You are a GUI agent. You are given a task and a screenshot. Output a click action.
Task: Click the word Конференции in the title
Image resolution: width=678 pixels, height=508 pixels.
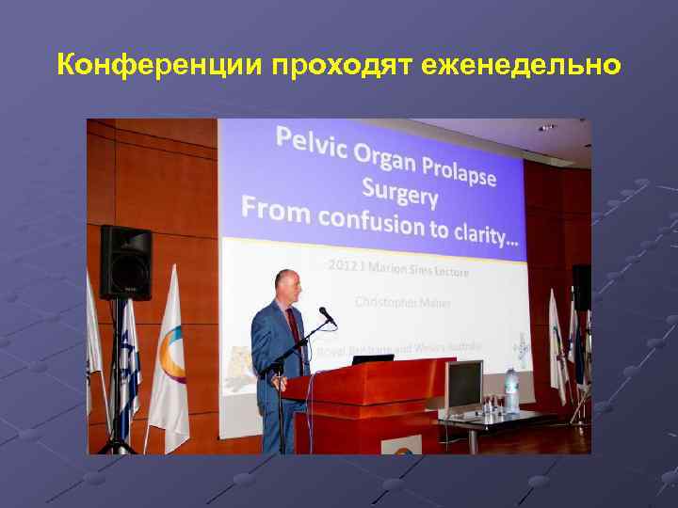(160, 65)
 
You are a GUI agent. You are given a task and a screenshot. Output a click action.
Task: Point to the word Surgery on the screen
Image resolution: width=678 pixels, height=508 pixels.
(401, 195)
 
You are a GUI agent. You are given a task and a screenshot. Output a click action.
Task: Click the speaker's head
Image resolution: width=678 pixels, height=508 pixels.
(287, 286)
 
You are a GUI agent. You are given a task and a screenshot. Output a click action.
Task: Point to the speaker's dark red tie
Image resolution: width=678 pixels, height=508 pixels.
(293, 328)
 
